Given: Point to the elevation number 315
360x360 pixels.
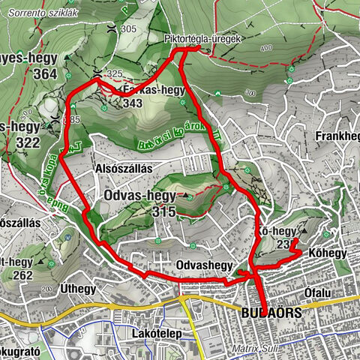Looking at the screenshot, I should (163, 212).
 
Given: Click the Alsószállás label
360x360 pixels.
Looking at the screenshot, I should (124, 169).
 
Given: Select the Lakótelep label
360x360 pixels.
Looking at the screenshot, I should (152, 331).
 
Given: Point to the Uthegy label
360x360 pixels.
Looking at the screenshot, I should (78, 289).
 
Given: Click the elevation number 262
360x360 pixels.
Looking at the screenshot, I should (22, 275).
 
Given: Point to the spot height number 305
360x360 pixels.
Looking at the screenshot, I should (128, 28).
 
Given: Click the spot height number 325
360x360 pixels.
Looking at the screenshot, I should (115, 73).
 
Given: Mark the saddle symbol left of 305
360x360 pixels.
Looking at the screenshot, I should (111, 28).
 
